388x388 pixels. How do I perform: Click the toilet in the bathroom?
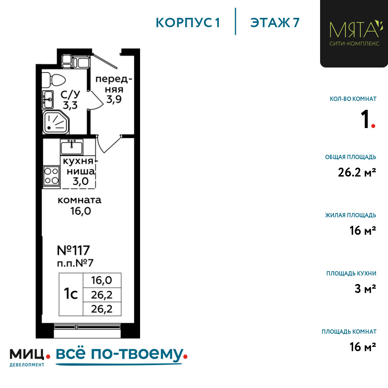pos(54,80)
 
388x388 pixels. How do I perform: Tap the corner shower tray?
pos(55,122)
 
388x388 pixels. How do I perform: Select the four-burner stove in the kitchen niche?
pos(51,176)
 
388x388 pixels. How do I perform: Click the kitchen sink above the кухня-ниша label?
pos(71,147)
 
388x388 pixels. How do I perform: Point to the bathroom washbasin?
pos(48,99)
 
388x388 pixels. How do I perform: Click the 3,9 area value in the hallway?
pos(114,99)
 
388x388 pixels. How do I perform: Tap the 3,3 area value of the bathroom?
pos(70,105)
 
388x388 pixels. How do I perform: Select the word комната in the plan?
pos(80,200)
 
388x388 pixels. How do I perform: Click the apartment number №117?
pos(73,250)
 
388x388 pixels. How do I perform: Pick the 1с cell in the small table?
pos(71,294)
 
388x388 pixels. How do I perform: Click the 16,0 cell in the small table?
pos(102,281)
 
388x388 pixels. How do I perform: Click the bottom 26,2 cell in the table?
pos(102,309)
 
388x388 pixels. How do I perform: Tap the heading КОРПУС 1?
pos(188,23)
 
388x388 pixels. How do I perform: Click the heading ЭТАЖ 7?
pos(275,23)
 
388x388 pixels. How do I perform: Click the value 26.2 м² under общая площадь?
pos(357,172)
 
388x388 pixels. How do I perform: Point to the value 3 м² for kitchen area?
pos(365,289)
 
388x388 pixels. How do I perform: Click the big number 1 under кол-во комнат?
pos(365,119)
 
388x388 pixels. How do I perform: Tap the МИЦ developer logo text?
pos(27,354)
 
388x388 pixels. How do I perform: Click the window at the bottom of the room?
pos(87,327)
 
